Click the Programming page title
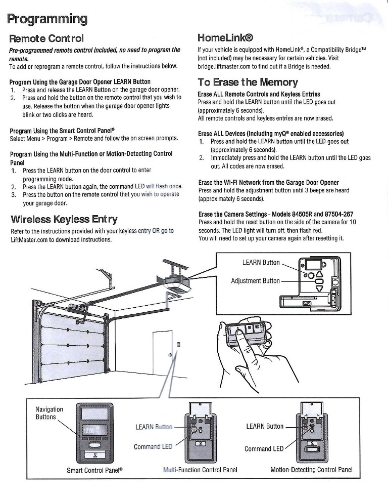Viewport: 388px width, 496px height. tap(47, 19)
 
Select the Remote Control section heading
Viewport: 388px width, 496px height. tap(46, 38)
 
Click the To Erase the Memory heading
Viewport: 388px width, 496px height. tap(248, 82)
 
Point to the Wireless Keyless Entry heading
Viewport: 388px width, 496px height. tap(64, 219)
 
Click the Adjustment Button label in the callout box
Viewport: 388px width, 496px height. tap(255, 280)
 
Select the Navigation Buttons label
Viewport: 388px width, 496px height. tap(50, 413)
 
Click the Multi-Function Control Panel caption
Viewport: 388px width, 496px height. tap(200, 470)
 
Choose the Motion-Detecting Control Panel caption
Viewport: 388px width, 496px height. tap(311, 470)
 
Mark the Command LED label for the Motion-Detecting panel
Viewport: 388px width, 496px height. tap(264, 449)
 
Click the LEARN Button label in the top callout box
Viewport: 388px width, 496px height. tap(261, 262)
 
